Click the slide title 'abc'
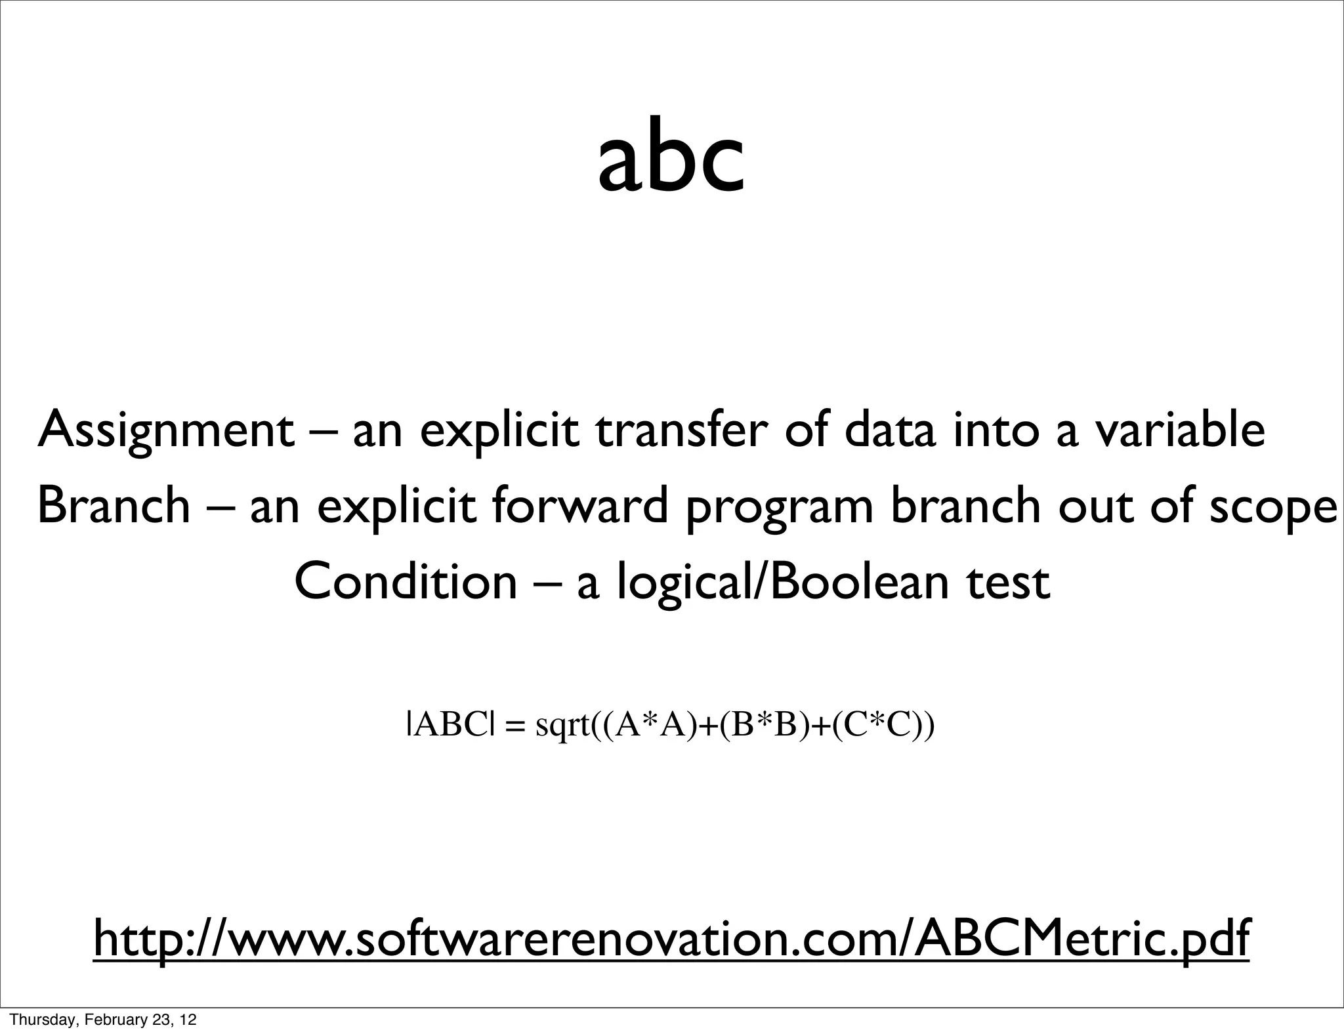pyautogui.click(x=671, y=161)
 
